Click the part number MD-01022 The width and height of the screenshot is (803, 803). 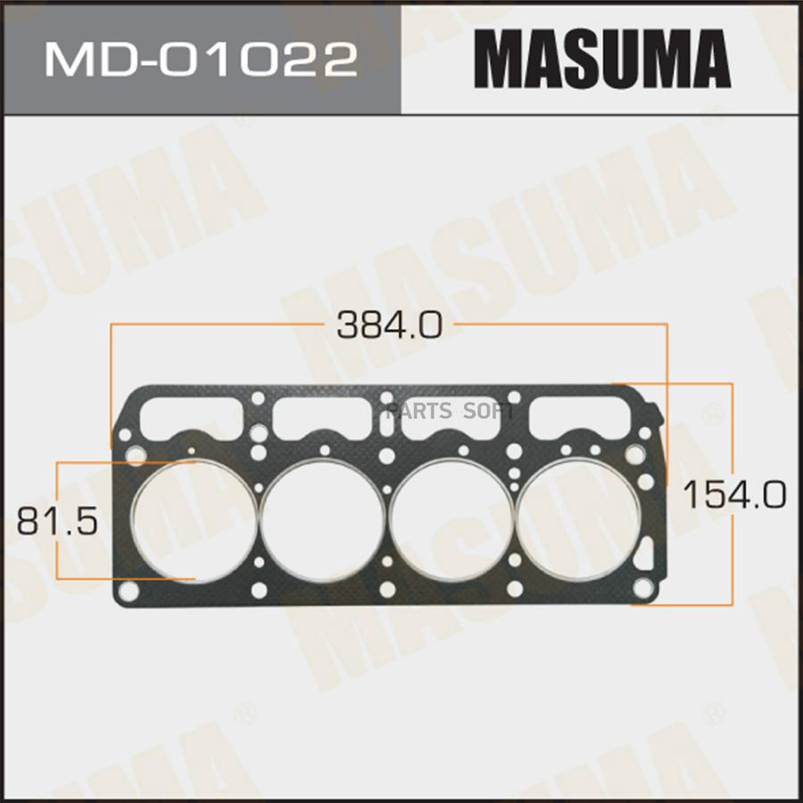200,61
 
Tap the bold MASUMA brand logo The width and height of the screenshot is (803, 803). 602,61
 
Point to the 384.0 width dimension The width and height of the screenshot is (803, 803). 389,325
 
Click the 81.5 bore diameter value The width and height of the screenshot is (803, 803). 56,520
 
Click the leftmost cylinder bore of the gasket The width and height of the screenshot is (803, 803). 194,520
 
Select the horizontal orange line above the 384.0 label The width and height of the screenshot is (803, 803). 223,325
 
